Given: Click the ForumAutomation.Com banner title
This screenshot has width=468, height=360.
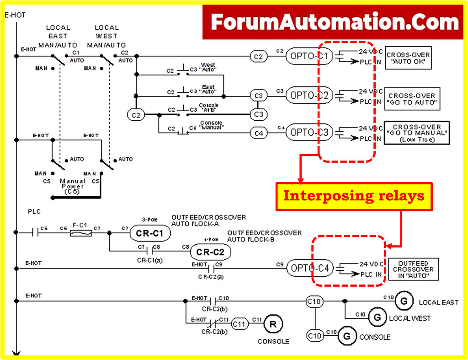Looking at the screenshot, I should click(335, 21).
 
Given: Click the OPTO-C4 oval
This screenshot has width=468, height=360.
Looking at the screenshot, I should click(309, 268).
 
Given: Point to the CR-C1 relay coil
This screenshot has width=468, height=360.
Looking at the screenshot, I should click(149, 233).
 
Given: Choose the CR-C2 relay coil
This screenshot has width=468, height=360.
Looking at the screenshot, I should click(211, 252).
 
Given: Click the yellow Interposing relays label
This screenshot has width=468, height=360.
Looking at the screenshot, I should click(354, 196).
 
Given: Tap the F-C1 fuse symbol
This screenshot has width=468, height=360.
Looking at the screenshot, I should click(81, 233).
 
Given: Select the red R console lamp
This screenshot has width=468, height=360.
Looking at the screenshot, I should click(273, 324).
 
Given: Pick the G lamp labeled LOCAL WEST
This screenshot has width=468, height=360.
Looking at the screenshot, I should click(377, 317).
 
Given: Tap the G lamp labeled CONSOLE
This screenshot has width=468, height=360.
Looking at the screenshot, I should click(347, 336).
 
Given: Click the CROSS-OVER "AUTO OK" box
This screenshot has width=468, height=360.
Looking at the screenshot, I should click(408, 58).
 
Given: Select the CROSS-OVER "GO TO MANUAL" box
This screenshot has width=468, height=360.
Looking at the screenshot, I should click(417, 133).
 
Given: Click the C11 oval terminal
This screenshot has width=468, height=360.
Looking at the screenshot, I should click(239, 324).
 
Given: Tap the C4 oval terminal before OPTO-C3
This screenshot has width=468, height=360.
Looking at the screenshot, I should click(259, 133).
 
